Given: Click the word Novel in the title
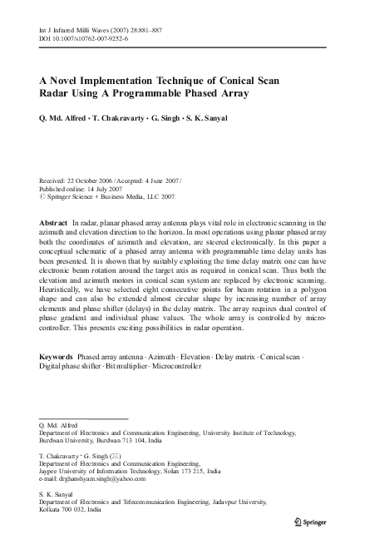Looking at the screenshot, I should (72, 81).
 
